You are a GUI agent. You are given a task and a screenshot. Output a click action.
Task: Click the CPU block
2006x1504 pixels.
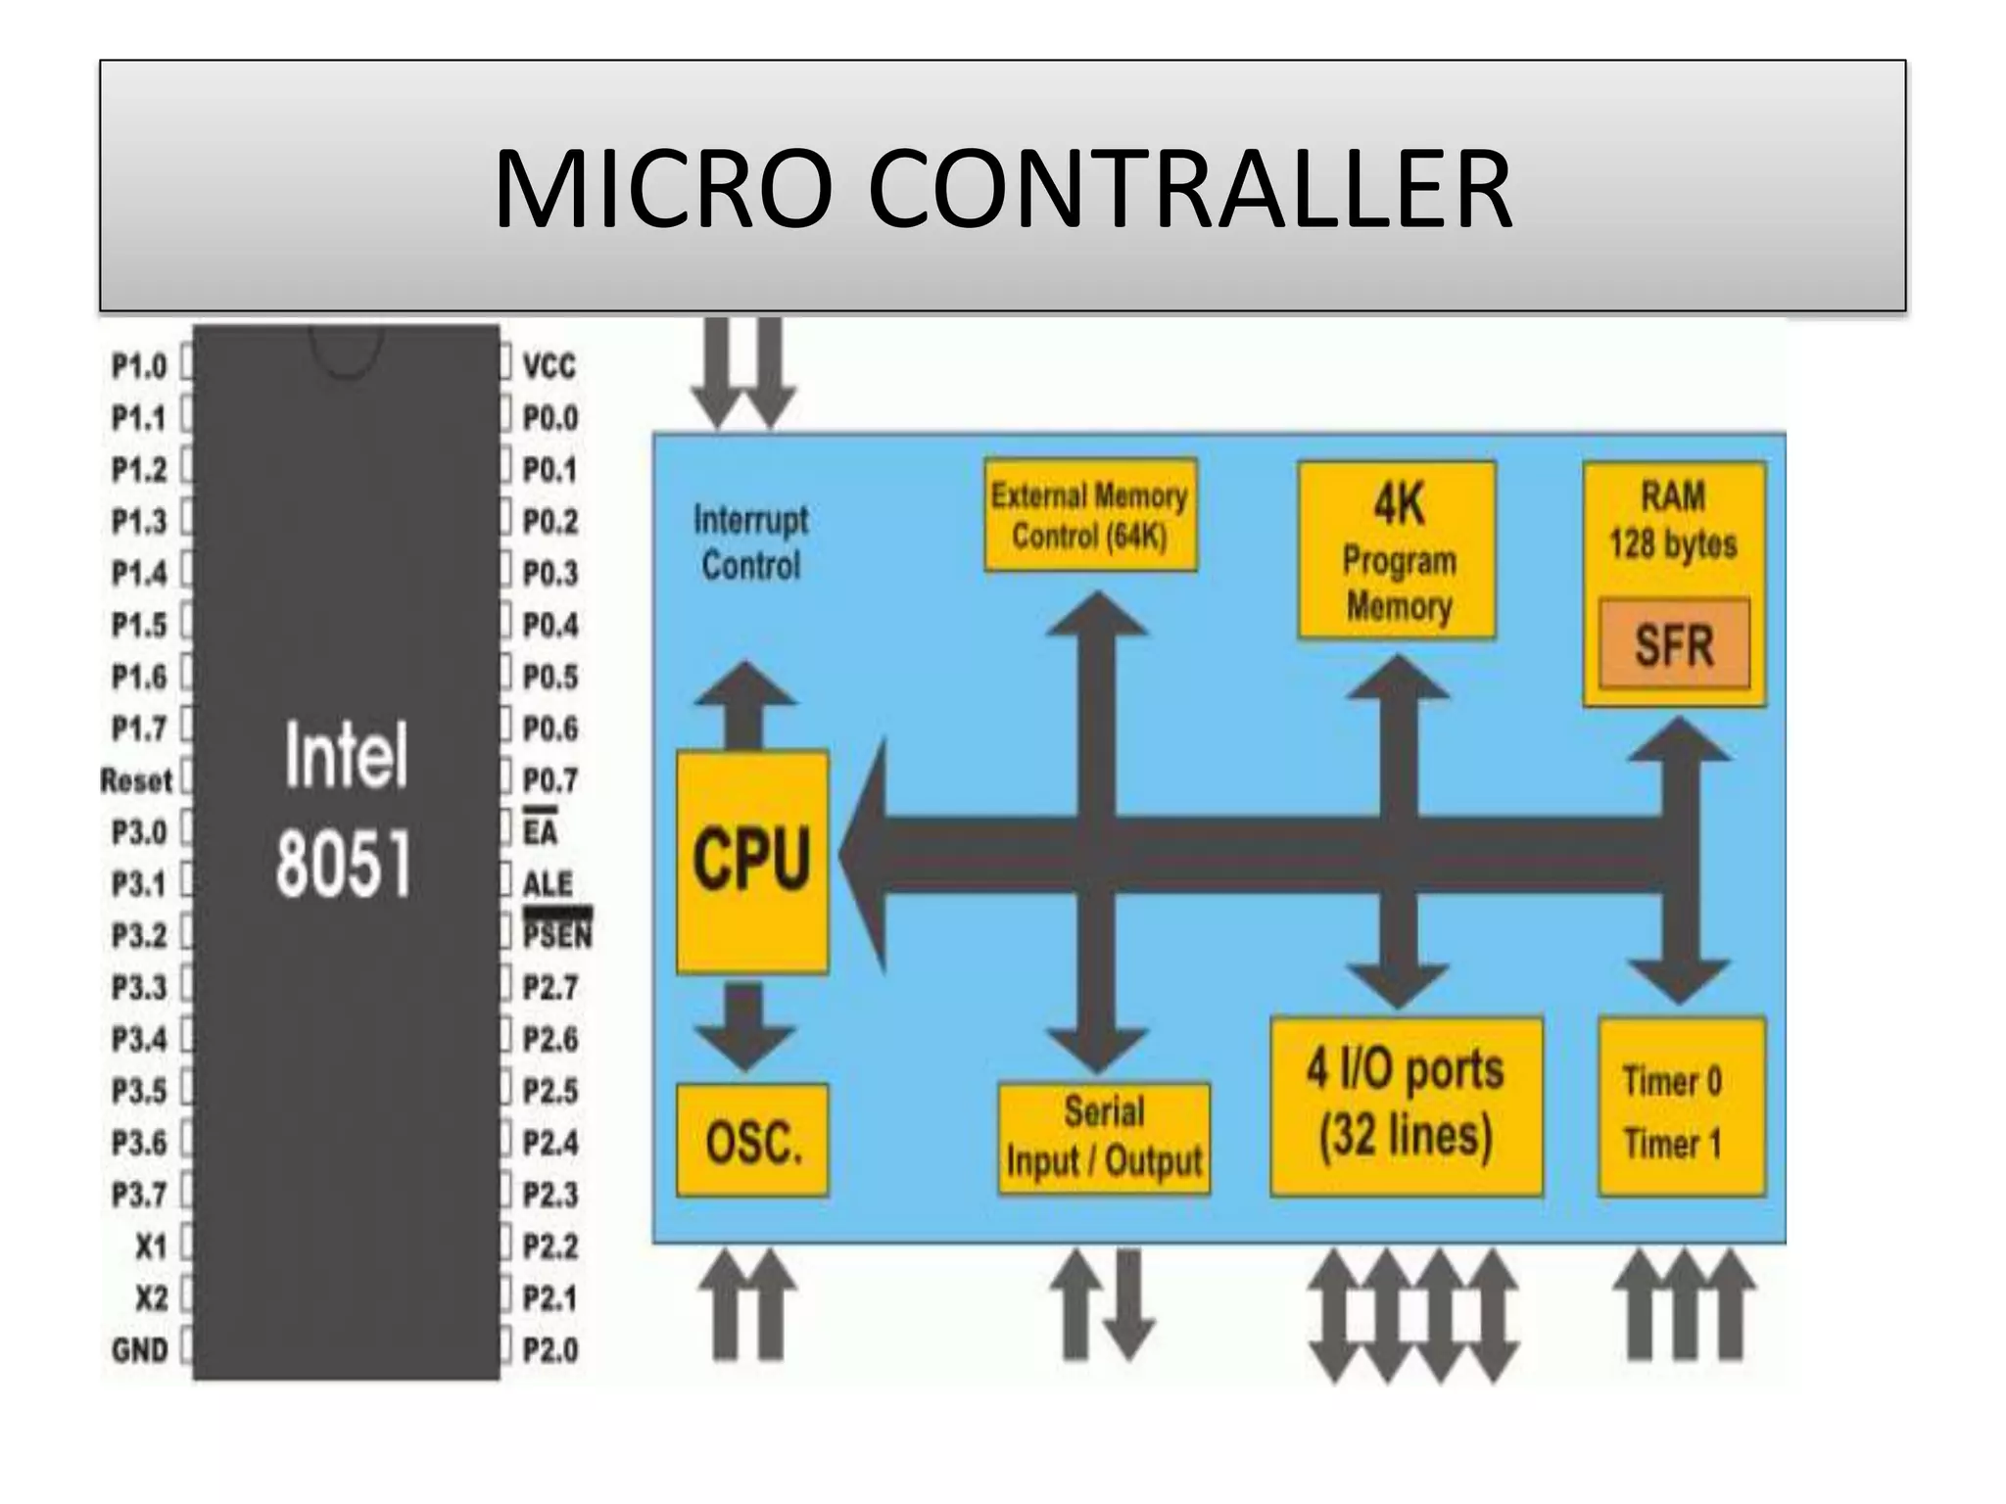(x=752, y=862)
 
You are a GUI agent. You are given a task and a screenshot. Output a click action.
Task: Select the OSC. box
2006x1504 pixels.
(x=752, y=1140)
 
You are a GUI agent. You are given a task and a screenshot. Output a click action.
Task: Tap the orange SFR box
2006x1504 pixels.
(x=1674, y=644)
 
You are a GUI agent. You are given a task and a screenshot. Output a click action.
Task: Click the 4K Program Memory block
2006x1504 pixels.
(x=1397, y=551)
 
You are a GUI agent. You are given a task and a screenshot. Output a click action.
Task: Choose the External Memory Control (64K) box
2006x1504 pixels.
(x=1090, y=515)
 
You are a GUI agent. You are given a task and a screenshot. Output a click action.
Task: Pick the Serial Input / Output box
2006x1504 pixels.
(x=1104, y=1138)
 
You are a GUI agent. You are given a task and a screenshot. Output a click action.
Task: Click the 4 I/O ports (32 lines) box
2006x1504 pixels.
(x=1406, y=1106)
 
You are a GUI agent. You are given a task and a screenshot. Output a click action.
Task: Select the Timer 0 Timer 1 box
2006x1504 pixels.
(x=1681, y=1106)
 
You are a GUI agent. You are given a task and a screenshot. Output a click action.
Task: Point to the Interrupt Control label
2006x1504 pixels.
(x=751, y=542)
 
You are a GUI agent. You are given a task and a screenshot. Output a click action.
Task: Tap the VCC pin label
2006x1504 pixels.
(x=549, y=366)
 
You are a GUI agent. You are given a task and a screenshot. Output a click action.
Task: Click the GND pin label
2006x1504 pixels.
(x=140, y=1350)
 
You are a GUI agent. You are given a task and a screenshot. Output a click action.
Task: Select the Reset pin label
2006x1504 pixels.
(x=136, y=780)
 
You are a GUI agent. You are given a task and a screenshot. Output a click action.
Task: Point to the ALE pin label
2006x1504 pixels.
(x=548, y=884)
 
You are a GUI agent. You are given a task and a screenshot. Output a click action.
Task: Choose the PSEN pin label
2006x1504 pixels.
(x=557, y=935)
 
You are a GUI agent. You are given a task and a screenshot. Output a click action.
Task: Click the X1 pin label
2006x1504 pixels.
(x=152, y=1246)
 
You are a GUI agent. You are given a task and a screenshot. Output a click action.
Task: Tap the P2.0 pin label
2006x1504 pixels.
(x=549, y=1350)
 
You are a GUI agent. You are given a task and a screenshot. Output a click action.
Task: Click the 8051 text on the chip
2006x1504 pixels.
(x=343, y=864)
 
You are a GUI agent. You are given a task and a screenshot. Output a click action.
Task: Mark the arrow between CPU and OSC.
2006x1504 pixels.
(x=744, y=1024)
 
